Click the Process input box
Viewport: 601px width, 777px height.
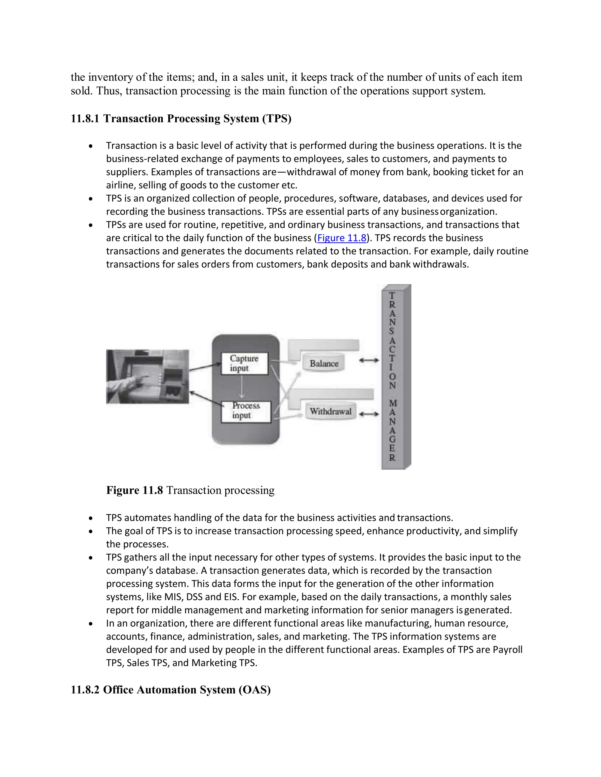(x=246, y=412)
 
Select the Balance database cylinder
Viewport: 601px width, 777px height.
(x=324, y=363)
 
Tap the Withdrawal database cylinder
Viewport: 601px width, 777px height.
(x=330, y=412)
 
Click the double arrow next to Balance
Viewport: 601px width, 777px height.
(x=369, y=360)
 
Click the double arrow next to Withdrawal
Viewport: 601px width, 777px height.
(x=369, y=414)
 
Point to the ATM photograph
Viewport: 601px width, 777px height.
(x=147, y=376)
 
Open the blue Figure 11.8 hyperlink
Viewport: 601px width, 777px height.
(x=342, y=238)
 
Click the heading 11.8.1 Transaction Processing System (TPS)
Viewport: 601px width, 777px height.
(x=181, y=118)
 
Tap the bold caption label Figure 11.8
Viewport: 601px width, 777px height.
(x=135, y=490)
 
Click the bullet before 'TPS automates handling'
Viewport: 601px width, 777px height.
(x=91, y=518)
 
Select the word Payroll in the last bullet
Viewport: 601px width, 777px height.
(x=507, y=650)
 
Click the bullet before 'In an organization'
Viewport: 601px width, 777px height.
(x=91, y=624)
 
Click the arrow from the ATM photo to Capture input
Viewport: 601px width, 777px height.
(x=205, y=367)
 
